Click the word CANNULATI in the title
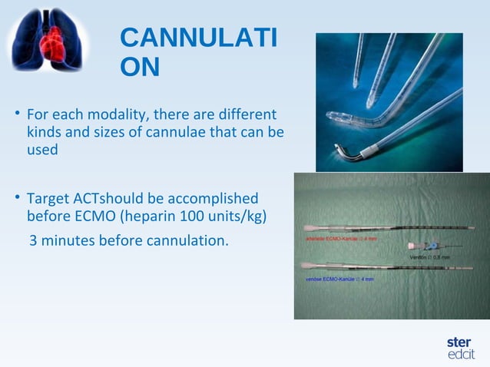tap(199, 38)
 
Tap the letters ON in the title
tap(141, 68)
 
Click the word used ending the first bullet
tap(42, 150)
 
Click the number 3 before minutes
tap(34, 240)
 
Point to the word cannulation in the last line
tap(190, 240)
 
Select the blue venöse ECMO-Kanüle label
tap(339, 279)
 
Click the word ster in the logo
tap(459, 341)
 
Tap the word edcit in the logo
tap(461, 354)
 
